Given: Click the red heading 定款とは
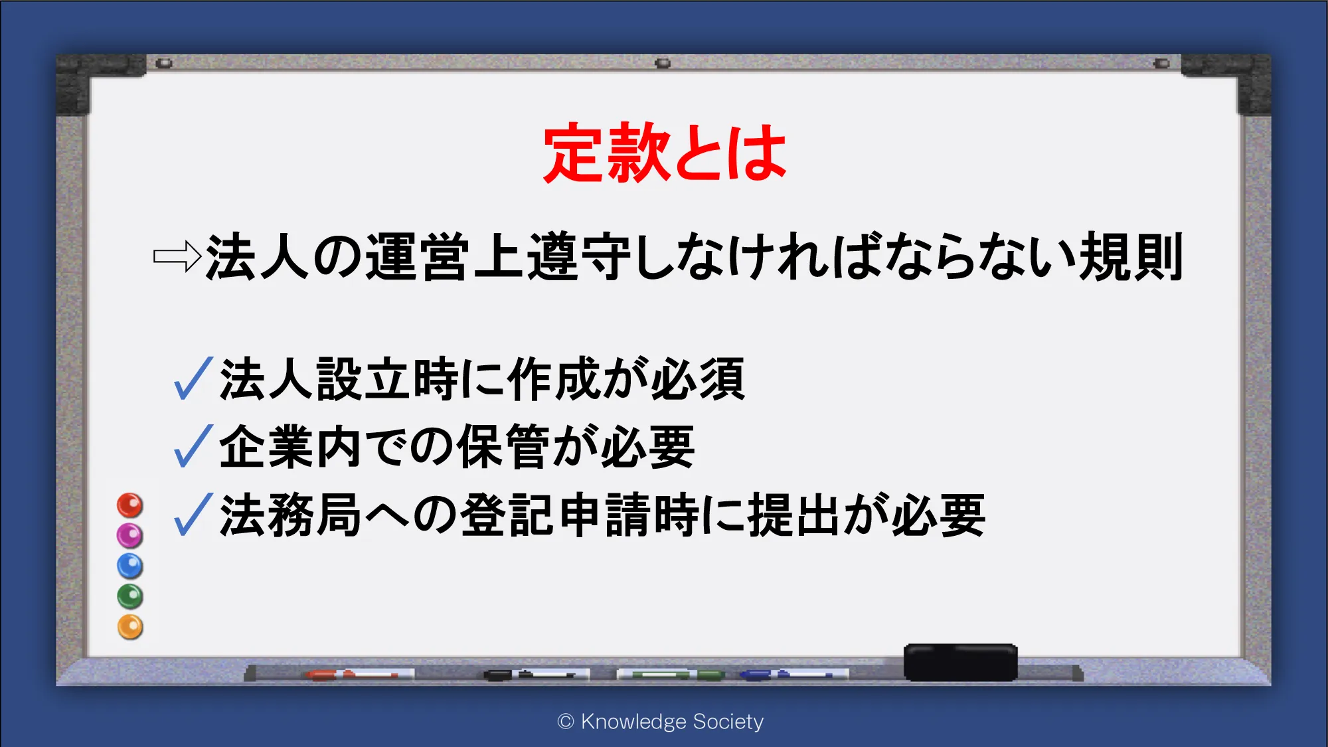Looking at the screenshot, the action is [x=665, y=153].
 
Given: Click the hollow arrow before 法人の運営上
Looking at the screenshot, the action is [x=177, y=256].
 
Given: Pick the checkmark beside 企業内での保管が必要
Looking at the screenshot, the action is [x=193, y=446].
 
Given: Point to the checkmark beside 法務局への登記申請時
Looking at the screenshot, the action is [x=193, y=514].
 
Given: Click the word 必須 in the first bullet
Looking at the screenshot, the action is [x=698, y=378].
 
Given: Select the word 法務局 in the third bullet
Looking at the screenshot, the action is [x=290, y=515].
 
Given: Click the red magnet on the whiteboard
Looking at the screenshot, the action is [x=130, y=505].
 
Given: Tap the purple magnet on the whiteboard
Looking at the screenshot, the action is [x=130, y=535].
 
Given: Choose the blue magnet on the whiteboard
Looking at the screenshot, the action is [x=130, y=566].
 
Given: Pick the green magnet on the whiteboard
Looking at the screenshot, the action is [x=130, y=596].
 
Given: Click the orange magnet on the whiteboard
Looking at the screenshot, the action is [x=130, y=627].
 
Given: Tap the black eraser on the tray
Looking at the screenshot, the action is [x=960, y=662].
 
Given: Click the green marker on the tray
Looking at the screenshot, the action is [x=671, y=675].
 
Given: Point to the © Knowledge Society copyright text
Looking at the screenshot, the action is [x=661, y=721].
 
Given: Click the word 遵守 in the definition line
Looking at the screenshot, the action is [x=578, y=256].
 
